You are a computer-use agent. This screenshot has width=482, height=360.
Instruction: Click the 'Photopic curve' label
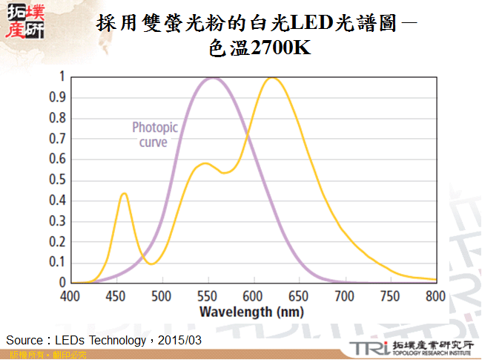[154, 134]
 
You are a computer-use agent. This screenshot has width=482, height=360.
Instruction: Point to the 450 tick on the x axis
[116, 295]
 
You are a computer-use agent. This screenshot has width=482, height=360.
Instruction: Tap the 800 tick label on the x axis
[435, 295]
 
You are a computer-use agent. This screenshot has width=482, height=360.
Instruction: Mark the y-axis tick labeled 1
[62, 76]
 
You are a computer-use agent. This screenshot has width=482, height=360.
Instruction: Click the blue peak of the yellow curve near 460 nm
[124, 194]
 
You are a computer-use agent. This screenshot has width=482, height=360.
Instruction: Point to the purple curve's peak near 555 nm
[213, 78]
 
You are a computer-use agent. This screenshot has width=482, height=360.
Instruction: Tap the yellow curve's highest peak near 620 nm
[272, 78]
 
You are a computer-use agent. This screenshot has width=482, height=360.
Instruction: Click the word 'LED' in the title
[314, 24]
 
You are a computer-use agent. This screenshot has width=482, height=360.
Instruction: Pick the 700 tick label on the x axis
[344, 295]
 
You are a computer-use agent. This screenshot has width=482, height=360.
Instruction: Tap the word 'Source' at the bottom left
[23, 340]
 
